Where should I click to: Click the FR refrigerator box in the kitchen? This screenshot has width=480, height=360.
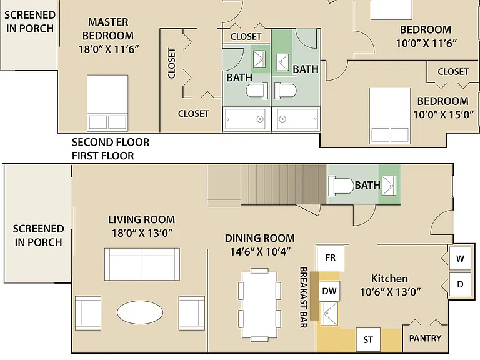click(x=330, y=257)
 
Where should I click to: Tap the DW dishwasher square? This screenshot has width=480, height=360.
click(x=329, y=291)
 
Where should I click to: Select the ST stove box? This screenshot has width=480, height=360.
click(x=368, y=340)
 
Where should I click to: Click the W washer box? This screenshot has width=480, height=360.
click(x=460, y=259)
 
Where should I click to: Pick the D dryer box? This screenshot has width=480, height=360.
click(x=460, y=284)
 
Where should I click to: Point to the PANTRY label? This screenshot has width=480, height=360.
click(x=425, y=338)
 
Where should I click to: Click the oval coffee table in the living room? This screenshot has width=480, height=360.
click(x=140, y=312)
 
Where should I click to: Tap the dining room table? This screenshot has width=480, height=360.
click(x=259, y=305)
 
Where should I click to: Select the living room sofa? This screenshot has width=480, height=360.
click(x=142, y=264)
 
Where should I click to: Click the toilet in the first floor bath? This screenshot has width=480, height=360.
click(x=341, y=185)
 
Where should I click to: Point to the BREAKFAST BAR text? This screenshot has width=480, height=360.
click(x=303, y=297)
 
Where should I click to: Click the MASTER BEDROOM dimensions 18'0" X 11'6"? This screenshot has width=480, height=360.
click(x=109, y=49)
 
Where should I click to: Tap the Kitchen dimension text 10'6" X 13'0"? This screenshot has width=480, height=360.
click(x=390, y=292)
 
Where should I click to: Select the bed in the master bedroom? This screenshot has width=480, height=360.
click(x=107, y=103)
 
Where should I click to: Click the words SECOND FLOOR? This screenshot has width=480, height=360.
click(x=111, y=142)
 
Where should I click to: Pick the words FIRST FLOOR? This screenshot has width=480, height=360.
click(x=103, y=156)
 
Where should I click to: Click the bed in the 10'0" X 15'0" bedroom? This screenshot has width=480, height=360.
click(x=390, y=116)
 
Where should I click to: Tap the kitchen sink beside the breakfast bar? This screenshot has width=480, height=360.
click(x=329, y=314)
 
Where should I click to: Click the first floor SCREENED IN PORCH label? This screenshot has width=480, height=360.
click(x=38, y=236)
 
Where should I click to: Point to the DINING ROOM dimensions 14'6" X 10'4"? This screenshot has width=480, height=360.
click(x=260, y=252)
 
